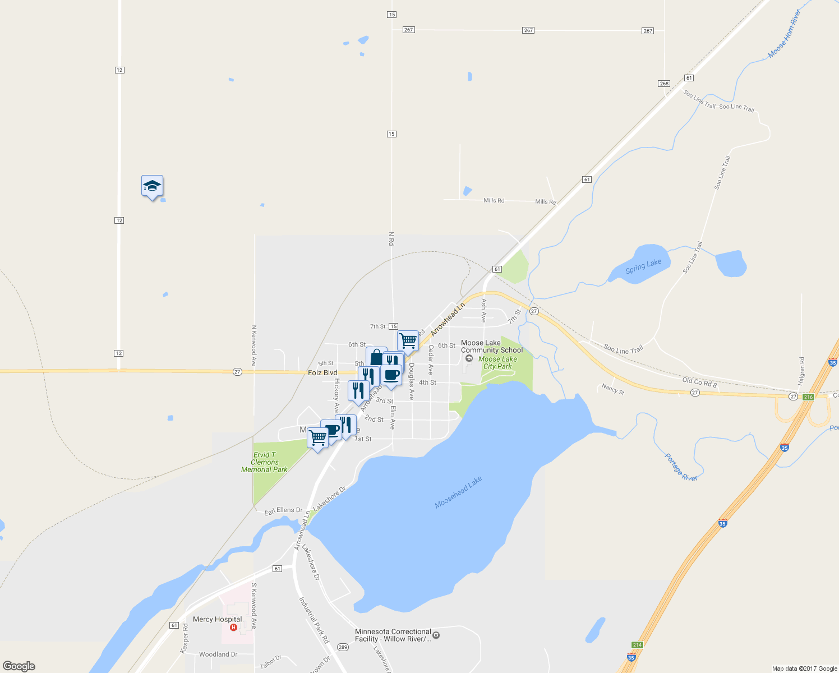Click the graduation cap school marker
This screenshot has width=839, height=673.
click(152, 186)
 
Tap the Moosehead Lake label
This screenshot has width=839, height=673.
click(458, 492)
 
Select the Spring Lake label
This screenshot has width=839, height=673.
click(643, 266)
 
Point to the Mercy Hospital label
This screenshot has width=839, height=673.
click(217, 619)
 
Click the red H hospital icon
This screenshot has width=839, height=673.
click(234, 627)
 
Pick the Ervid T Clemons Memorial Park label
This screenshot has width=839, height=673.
click(264, 462)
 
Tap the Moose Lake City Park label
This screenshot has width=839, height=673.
click(497, 362)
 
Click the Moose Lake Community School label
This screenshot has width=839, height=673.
click(491, 347)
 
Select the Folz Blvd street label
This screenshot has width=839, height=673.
click(322, 372)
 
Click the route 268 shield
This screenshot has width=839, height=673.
click(664, 84)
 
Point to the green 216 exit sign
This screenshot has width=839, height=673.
click(808, 397)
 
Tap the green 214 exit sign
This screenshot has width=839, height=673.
click(637, 645)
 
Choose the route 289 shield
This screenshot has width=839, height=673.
click(343, 647)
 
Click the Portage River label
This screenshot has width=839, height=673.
click(681, 467)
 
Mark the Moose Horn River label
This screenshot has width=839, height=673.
click(784, 34)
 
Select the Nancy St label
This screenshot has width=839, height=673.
click(612, 389)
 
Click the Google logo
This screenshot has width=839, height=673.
click(19, 666)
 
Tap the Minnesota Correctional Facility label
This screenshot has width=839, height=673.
click(393, 635)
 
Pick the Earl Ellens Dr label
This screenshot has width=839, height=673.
click(283, 511)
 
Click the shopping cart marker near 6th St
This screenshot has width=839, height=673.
click(408, 340)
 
